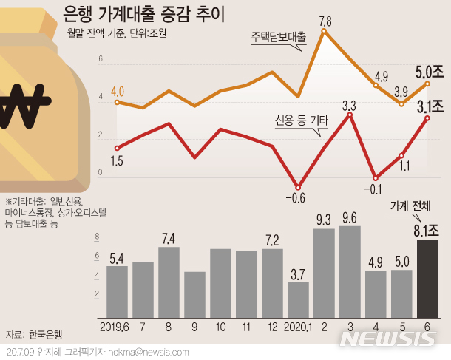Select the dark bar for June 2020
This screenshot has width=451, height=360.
point(433,278)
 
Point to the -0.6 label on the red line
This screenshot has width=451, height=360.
point(295,197)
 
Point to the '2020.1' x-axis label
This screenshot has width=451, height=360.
point(298,326)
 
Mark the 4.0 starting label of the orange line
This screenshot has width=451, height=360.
point(117,91)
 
